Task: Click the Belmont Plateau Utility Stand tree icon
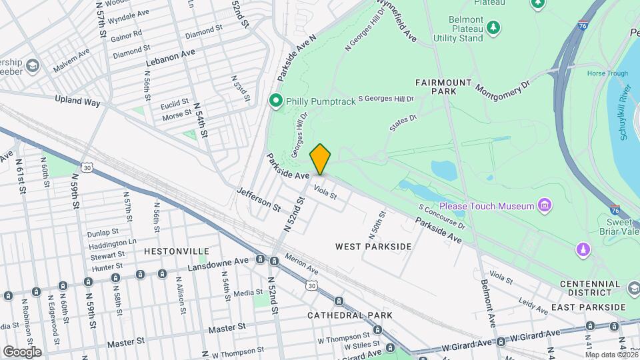pos(493,27)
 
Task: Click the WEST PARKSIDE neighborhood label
pos(373,247)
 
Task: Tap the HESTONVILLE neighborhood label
pos(177,251)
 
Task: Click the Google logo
pos(22,351)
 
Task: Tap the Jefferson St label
pos(259,199)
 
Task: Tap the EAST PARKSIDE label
pos(589,307)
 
